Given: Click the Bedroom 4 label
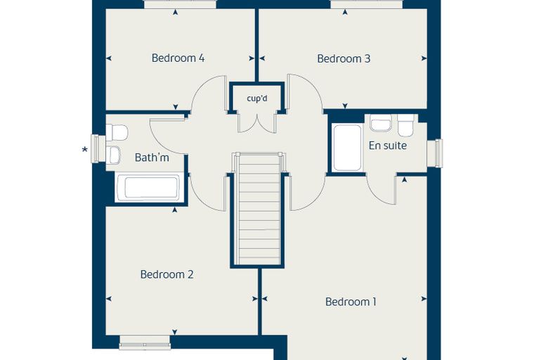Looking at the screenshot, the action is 178,58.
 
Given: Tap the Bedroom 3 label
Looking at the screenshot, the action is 344,58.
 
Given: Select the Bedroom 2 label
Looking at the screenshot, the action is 167,274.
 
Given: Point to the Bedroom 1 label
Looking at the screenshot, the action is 351,302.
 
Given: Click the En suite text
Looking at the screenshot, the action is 388,146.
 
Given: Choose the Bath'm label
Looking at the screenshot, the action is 152,157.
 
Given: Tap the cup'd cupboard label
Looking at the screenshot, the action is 257,98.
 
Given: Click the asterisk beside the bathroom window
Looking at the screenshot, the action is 85,149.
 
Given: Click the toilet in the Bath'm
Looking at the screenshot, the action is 117,132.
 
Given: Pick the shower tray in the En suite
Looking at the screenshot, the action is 347,148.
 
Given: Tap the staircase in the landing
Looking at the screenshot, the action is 257,209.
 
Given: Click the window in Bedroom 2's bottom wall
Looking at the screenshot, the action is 145,342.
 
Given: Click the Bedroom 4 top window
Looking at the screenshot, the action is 180,4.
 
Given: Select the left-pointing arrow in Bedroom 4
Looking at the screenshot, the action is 109,58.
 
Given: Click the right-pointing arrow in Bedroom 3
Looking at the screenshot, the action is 424,58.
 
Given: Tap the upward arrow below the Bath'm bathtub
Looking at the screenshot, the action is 175,210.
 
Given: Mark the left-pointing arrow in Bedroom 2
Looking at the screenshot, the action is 109,299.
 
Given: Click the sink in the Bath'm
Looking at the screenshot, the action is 114,155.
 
